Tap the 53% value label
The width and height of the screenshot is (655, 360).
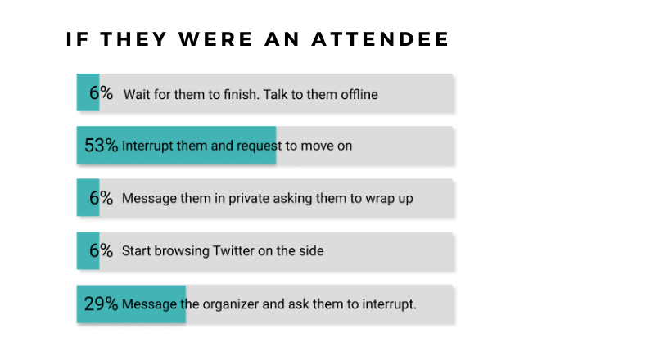pyautogui.click(x=102, y=146)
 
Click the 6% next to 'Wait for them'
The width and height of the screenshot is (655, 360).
pyautogui.click(x=102, y=93)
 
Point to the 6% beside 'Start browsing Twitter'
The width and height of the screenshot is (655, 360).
pyautogui.click(x=102, y=250)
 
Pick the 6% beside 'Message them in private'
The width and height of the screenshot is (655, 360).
pyautogui.click(x=102, y=198)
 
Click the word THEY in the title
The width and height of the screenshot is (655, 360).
pyautogui.click(x=127, y=39)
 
